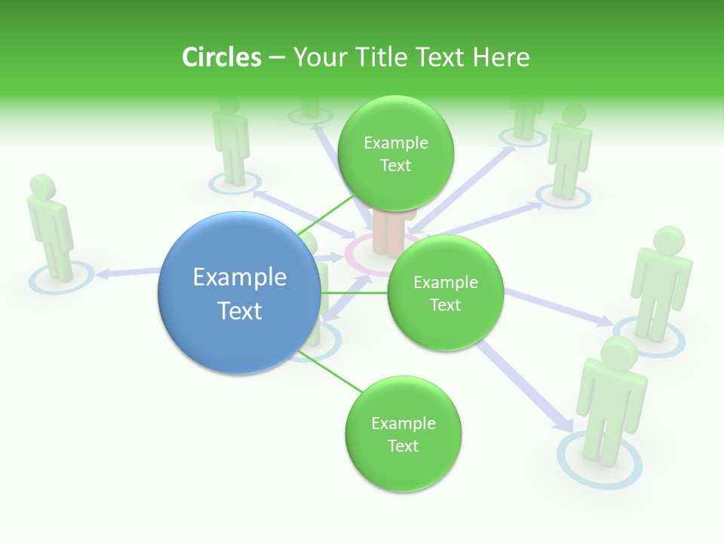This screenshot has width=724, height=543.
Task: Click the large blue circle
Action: click(x=240, y=293)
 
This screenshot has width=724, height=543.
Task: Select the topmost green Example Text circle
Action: click(x=395, y=153)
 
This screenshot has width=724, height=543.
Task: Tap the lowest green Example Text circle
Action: click(x=403, y=434)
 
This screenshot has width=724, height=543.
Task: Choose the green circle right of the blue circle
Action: click(x=445, y=293)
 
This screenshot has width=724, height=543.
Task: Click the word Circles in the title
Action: click(x=222, y=57)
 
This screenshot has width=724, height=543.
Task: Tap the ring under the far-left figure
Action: click(x=62, y=278)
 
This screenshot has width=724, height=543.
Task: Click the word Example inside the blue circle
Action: click(x=240, y=278)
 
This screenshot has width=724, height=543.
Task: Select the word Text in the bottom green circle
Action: click(x=403, y=446)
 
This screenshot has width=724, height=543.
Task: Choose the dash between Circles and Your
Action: click(x=277, y=58)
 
